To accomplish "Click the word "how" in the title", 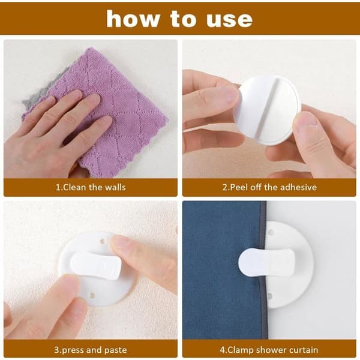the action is pyautogui.click(x=133, y=19).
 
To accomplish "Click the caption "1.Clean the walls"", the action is pyautogui.click(x=91, y=187).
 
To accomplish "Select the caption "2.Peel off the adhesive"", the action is pyautogui.click(x=269, y=187).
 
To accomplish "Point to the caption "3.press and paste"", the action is pyautogui.click(x=91, y=350).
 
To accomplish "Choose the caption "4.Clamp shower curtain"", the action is pyautogui.click(x=269, y=350).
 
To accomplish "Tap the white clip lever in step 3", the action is pyautogui.click(x=96, y=266).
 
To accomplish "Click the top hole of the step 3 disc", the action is pyautogui.click(x=103, y=241).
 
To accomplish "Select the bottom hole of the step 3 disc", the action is pyautogui.click(x=92, y=295).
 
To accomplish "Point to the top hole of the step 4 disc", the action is pyautogui.click(x=271, y=232).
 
